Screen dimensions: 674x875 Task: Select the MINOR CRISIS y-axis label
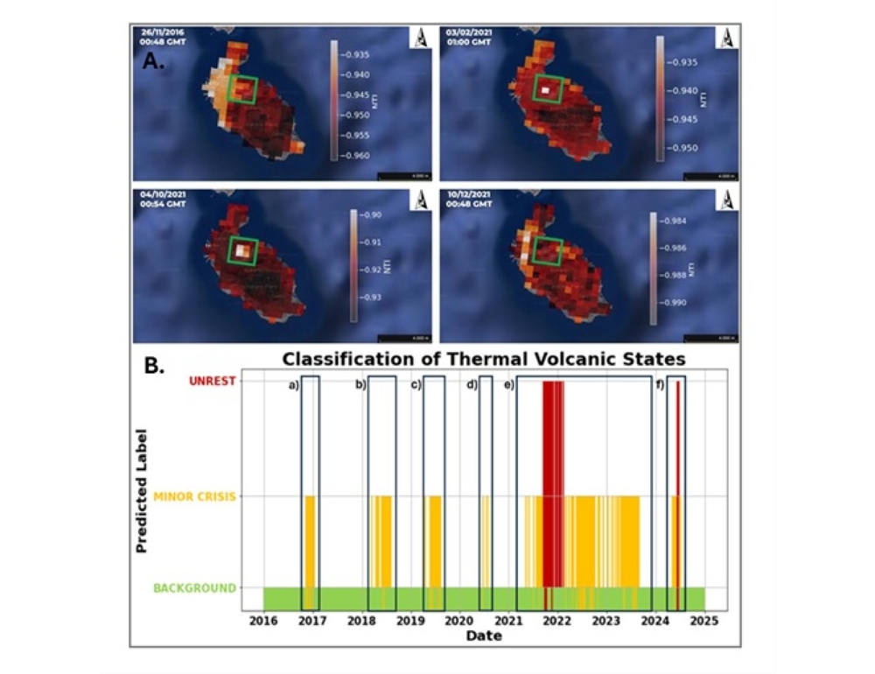pos(194,496)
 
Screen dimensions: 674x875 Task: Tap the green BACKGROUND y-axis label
pos(194,587)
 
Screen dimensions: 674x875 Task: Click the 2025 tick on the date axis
pos(704,621)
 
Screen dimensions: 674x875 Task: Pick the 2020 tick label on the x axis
pos(459,621)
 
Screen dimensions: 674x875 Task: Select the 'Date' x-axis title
pos(484,636)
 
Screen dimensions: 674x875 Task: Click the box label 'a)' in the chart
pos(294,385)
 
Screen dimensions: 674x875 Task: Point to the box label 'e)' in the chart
pos(508,385)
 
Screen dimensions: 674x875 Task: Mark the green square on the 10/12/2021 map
pos(548,251)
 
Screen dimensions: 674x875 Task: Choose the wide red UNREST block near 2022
pos(553,481)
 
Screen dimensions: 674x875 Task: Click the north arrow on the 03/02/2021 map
pos(726,37)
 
